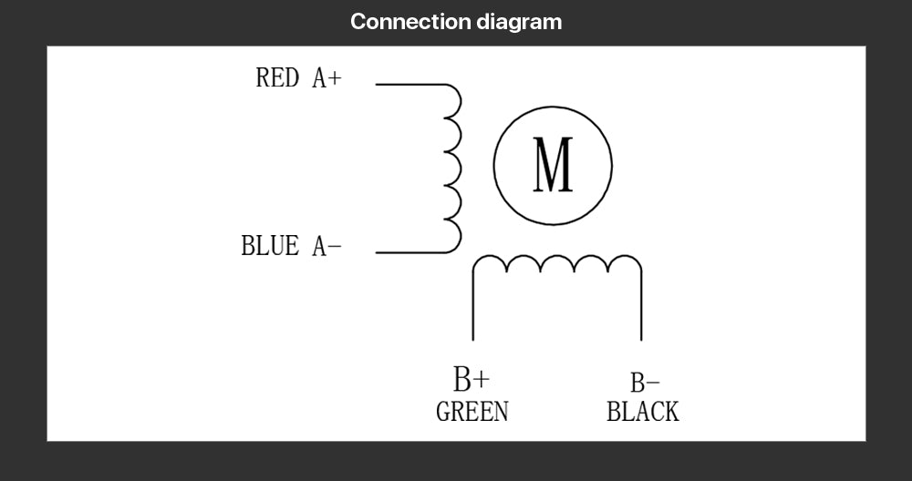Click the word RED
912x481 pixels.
(x=277, y=78)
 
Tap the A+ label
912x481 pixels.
(x=326, y=79)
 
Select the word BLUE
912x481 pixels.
(x=269, y=246)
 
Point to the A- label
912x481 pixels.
(x=326, y=246)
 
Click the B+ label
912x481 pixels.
(x=472, y=378)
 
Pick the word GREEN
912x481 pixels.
(x=472, y=412)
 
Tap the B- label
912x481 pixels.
(x=645, y=384)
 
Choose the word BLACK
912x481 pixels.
(x=643, y=413)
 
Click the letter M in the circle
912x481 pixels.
(x=553, y=165)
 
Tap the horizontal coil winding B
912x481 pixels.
(x=556, y=264)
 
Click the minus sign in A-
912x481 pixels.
(x=335, y=247)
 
